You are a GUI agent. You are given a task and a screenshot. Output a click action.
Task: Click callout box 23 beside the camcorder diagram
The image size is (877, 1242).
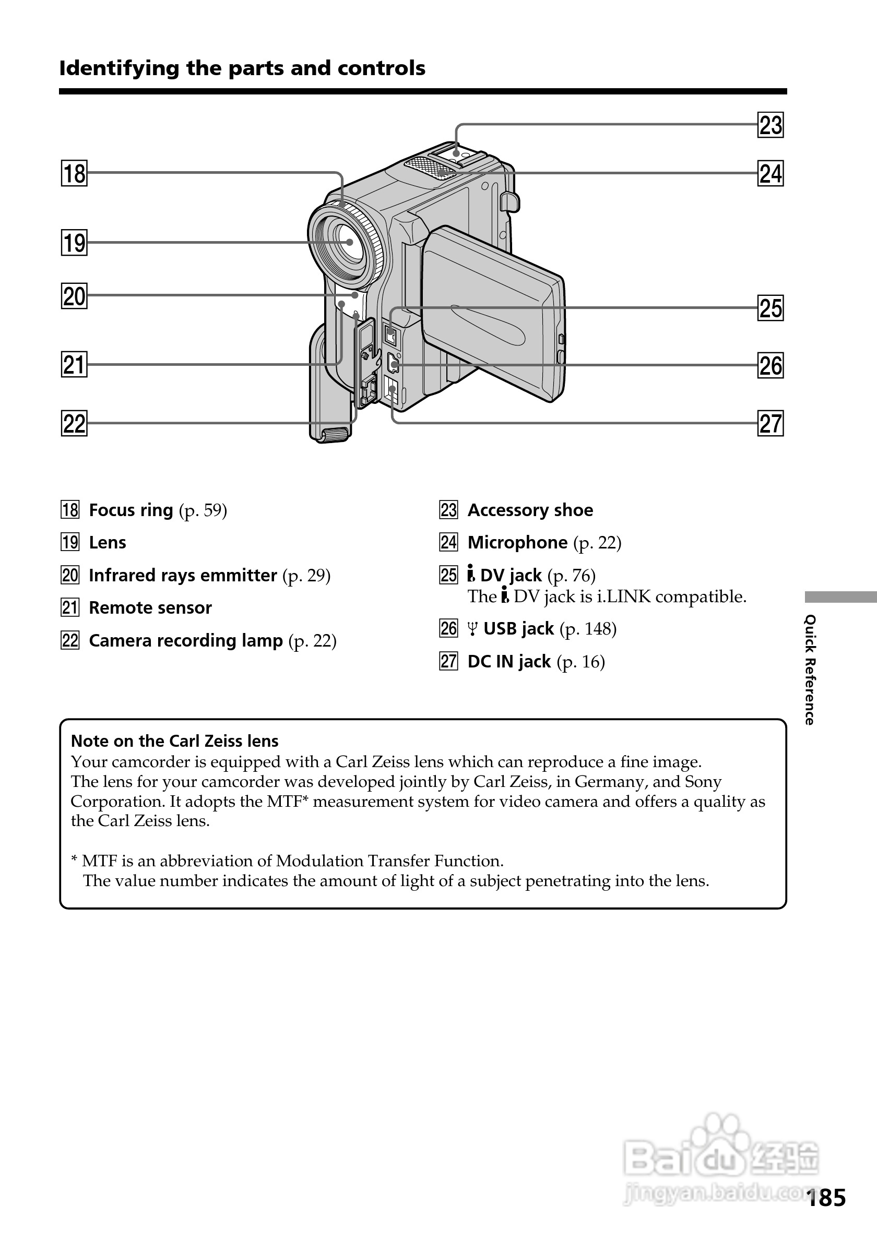tap(771, 125)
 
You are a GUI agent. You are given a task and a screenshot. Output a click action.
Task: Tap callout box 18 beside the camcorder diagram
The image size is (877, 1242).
tap(74, 174)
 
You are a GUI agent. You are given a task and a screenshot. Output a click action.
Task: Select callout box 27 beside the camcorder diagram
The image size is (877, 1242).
tap(771, 424)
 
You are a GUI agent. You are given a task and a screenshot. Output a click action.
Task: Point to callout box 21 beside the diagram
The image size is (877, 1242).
tap(74, 365)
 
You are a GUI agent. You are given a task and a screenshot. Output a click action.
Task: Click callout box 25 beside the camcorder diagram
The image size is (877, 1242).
tap(771, 308)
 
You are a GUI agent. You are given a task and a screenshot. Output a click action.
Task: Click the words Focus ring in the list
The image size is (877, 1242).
tap(131, 510)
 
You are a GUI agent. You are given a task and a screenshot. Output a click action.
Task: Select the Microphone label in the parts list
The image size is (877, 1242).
tap(517, 543)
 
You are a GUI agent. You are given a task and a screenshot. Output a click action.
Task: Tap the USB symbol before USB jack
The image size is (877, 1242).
tap(472, 630)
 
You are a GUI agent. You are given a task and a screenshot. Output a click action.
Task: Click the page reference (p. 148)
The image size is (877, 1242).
tap(588, 629)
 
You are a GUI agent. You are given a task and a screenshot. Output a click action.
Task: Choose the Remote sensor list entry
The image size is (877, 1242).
tap(150, 608)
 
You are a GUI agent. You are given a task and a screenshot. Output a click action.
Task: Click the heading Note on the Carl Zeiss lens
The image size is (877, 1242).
tap(174, 741)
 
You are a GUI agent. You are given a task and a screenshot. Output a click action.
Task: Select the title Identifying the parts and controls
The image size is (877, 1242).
tap(242, 69)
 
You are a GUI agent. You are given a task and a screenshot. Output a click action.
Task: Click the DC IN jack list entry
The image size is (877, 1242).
tap(508, 662)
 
